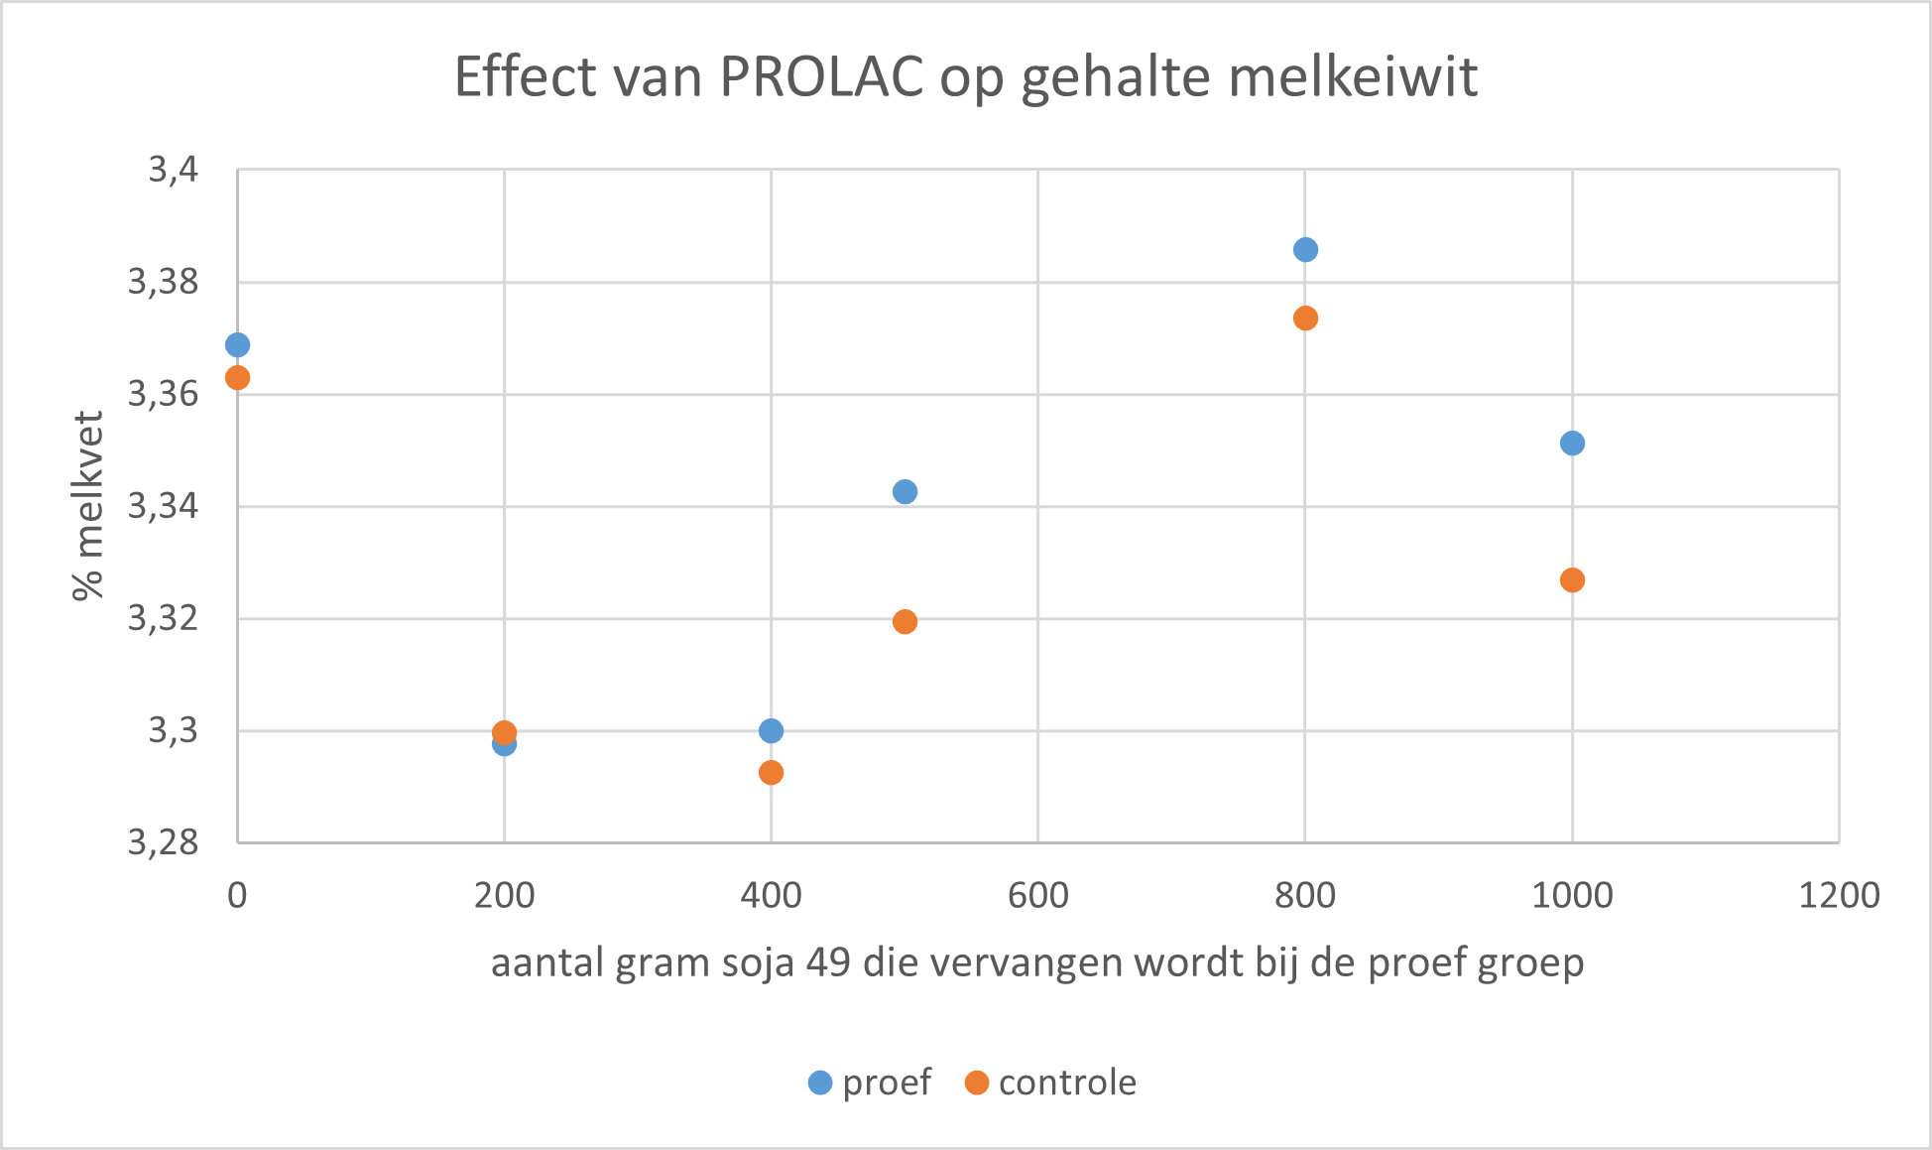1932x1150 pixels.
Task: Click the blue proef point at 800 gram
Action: click(x=1305, y=249)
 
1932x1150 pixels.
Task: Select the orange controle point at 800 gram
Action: click(x=1305, y=319)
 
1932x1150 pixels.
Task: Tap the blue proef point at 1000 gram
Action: click(x=1572, y=443)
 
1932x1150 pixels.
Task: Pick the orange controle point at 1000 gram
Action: click(x=1572, y=579)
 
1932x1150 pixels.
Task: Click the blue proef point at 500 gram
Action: click(x=905, y=491)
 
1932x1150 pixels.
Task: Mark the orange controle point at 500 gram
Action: click(x=905, y=622)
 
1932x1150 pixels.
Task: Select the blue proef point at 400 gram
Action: click(x=771, y=731)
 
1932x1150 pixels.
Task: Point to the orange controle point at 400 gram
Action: click(x=771, y=772)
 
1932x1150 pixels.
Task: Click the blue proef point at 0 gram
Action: click(x=237, y=345)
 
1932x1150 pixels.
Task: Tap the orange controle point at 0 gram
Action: click(x=237, y=378)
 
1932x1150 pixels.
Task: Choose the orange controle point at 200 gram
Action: click(x=504, y=732)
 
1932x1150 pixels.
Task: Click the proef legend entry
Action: click(x=871, y=1083)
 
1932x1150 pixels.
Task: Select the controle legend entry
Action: click(x=1051, y=1083)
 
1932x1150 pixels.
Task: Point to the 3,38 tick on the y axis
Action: click(x=164, y=283)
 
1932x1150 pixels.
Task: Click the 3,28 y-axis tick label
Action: click(x=164, y=843)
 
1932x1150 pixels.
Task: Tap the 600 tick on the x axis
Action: click(x=1037, y=896)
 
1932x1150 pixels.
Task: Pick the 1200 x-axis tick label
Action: click(x=1839, y=896)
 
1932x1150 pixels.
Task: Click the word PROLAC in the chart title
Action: click(x=822, y=76)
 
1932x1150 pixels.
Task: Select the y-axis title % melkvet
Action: click(x=88, y=506)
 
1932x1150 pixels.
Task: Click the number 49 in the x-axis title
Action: click(x=828, y=963)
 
